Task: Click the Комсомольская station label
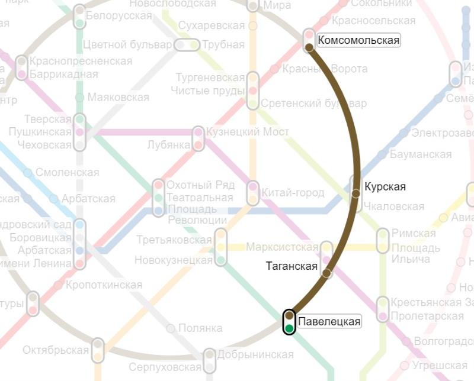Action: click(x=358, y=41)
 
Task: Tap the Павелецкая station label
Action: click(x=329, y=322)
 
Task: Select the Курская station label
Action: click(x=385, y=187)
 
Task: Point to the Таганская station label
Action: click(x=292, y=266)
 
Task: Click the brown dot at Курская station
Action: click(x=356, y=193)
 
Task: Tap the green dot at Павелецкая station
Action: click(x=289, y=328)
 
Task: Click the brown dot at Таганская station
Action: click(x=327, y=273)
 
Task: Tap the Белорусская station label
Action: click(x=119, y=16)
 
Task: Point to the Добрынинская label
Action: click(x=255, y=354)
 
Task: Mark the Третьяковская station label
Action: click(x=174, y=240)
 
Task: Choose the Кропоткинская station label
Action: click(x=104, y=285)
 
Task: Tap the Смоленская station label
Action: click(x=67, y=173)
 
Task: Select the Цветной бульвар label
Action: click(x=128, y=45)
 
